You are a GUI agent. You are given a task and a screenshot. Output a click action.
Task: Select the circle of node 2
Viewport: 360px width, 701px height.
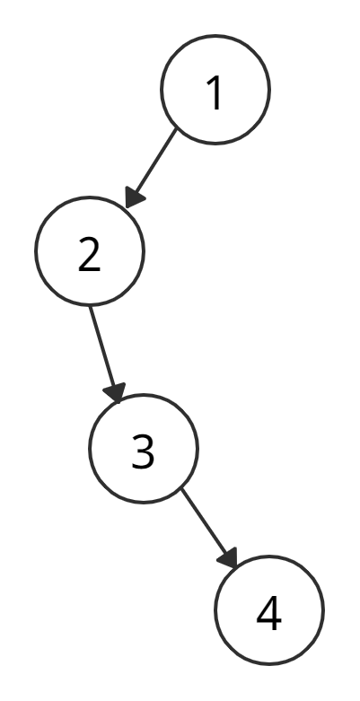point(35,251)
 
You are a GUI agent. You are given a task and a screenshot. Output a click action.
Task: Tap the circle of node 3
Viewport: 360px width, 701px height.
point(89,449)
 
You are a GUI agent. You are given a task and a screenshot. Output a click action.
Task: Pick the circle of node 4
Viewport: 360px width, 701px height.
point(215,610)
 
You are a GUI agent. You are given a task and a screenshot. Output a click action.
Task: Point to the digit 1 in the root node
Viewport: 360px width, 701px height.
point(215,92)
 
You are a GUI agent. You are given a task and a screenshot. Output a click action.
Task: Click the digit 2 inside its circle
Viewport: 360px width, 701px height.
point(90,254)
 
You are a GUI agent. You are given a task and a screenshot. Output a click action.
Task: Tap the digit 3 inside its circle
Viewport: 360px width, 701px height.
point(143,451)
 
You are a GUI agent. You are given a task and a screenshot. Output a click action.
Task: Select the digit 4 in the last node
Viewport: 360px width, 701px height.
point(269,613)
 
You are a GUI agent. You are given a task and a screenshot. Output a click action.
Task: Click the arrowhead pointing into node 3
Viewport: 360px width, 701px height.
point(115,392)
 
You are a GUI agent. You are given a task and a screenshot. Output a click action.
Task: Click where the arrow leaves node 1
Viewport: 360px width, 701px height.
point(177,129)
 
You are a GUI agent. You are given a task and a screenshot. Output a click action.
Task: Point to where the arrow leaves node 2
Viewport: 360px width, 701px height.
point(90,307)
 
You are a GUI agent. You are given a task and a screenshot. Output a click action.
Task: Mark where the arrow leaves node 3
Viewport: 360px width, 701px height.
point(181,489)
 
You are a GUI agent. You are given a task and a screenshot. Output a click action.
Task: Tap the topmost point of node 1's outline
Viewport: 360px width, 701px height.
point(215,35)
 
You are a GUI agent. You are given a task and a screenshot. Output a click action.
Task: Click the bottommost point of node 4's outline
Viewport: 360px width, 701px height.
point(269,665)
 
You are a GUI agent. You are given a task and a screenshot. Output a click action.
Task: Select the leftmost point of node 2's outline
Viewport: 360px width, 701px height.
point(35,251)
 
